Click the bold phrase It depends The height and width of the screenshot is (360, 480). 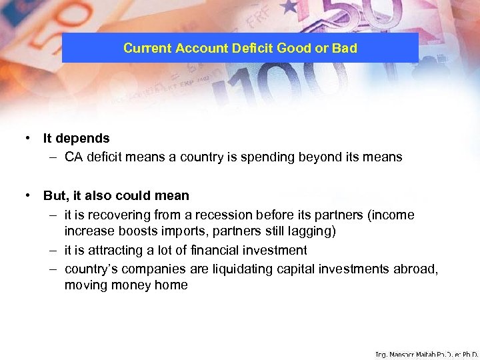click(x=76, y=139)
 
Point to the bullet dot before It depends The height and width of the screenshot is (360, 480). click(x=29, y=139)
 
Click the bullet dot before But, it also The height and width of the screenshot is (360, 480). click(x=29, y=196)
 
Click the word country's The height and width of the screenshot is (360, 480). click(x=89, y=269)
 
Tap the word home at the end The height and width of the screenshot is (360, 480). click(x=173, y=285)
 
